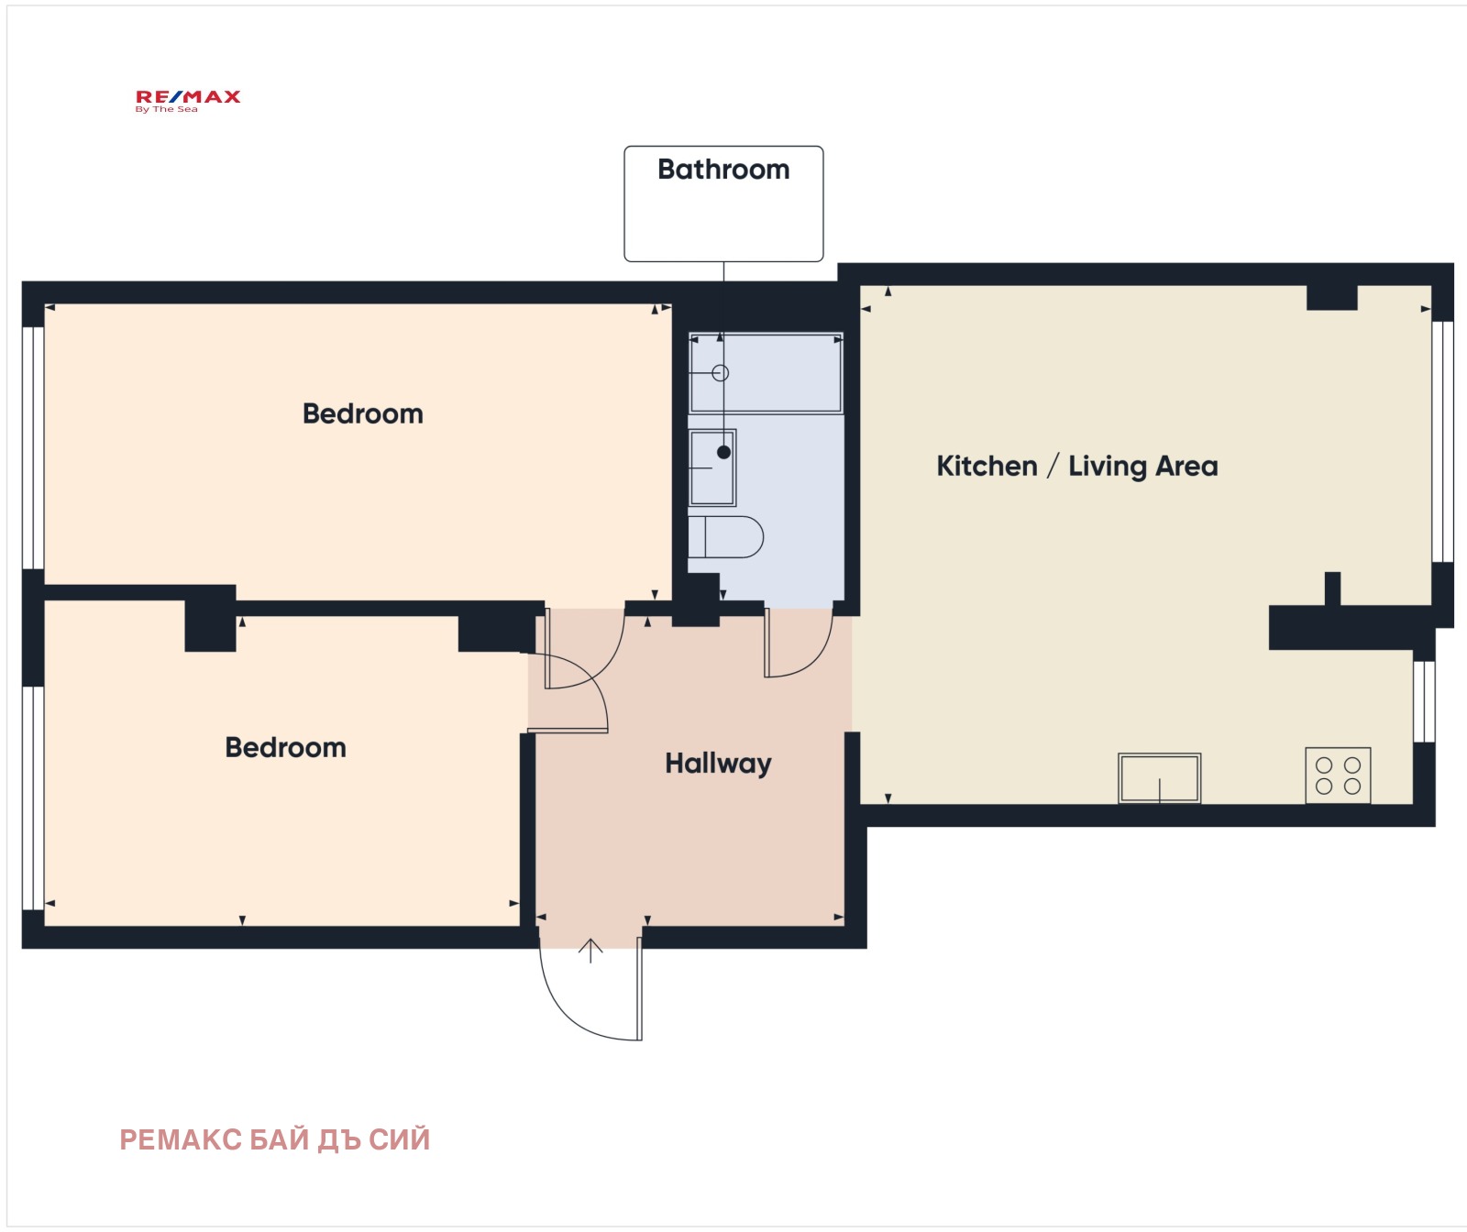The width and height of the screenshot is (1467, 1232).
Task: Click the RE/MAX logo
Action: coord(188,101)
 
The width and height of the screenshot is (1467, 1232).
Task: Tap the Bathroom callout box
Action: coord(723,203)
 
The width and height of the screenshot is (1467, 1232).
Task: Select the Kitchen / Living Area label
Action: coord(1077,466)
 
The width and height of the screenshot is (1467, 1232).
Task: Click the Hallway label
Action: coord(718,764)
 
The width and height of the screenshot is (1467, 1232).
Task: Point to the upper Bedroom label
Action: coord(363,413)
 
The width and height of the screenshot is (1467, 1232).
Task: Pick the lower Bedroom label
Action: coord(286,747)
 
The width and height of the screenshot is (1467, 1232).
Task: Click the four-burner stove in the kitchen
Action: coord(1338,775)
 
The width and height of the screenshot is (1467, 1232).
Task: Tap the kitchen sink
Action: coord(1159,778)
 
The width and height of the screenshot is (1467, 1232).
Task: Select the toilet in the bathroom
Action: coord(725,537)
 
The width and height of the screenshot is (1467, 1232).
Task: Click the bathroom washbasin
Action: coord(712,467)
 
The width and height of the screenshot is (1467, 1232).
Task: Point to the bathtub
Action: coord(766,373)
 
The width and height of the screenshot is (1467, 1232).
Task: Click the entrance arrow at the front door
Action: coord(590,951)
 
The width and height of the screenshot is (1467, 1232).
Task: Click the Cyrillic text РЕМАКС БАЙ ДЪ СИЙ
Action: coord(275,1139)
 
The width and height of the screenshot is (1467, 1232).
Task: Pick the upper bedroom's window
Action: coord(33,447)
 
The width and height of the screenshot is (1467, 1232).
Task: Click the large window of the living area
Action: coord(1442,441)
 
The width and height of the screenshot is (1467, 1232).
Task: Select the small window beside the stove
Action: coord(1424,701)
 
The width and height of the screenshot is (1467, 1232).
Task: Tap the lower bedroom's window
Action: coord(33,797)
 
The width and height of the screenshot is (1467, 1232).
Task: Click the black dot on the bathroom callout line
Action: coord(723,452)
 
